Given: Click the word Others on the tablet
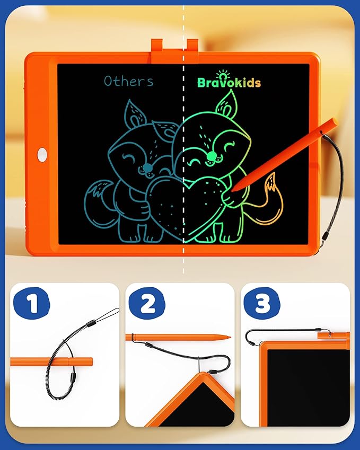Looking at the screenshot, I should click(x=128, y=81).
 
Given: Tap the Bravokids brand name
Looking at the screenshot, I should click(x=229, y=82).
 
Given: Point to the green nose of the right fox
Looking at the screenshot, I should click(x=212, y=155).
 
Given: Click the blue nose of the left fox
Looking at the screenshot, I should click(x=145, y=168).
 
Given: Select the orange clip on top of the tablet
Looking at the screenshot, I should click(x=174, y=48).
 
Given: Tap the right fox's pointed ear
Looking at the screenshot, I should click(x=227, y=102).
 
